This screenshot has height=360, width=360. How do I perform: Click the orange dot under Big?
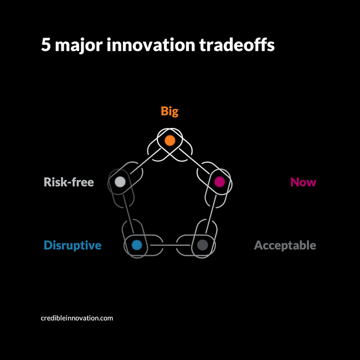click(170, 141)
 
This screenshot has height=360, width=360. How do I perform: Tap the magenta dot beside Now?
click(219, 181)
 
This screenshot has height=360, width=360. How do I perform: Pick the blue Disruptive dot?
click(137, 244)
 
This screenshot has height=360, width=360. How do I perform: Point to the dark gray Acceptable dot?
click(202, 244)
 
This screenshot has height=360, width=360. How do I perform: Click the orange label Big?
click(169, 111)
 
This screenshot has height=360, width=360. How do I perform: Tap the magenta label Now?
click(303, 182)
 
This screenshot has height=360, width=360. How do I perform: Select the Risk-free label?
click(69, 182)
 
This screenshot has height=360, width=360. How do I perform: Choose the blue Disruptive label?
click(73, 245)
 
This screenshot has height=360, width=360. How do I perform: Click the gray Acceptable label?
click(285, 245)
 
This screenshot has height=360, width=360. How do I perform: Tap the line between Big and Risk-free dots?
click(145, 161)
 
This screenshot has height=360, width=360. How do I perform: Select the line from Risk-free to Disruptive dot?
click(128, 213)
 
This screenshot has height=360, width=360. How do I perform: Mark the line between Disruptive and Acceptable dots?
click(169, 244)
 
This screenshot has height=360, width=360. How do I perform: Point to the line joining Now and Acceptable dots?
click(211, 213)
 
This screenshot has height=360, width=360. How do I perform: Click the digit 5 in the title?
click(46, 45)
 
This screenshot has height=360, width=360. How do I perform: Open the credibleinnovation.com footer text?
click(77, 318)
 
